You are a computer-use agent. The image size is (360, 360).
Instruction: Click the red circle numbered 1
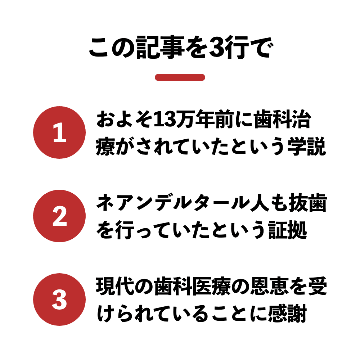[x=59, y=132]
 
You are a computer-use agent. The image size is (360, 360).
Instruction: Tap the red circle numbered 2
[x=59, y=216]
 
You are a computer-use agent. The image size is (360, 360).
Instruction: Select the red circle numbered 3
[x=59, y=300]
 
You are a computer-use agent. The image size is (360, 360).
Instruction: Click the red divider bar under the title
[x=180, y=77]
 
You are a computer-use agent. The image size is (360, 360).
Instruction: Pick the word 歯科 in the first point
[x=273, y=120]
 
